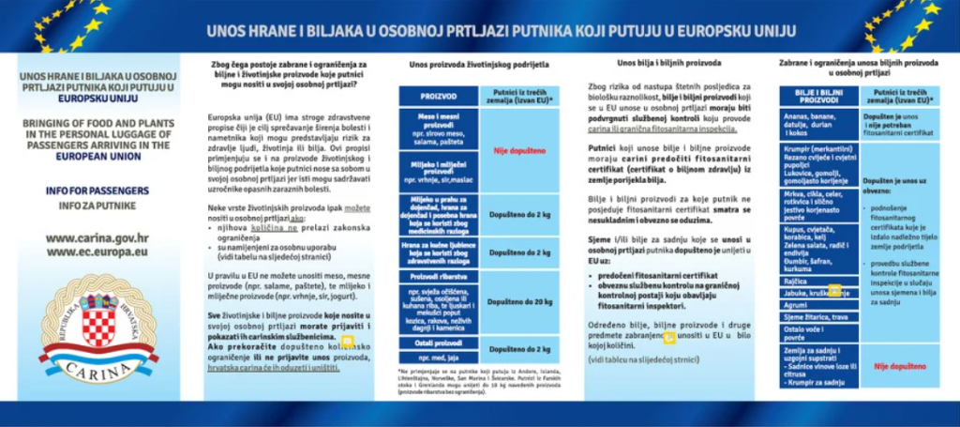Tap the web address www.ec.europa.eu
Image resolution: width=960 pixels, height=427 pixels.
pyautogui.click(x=97, y=252)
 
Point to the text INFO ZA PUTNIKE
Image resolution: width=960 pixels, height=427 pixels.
pyautogui.click(x=97, y=204)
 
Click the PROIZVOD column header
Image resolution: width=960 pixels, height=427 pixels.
pyautogui.click(x=439, y=96)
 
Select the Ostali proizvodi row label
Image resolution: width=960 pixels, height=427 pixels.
pyautogui.click(x=439, y=343)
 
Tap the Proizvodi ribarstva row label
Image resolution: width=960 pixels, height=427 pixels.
pyautogui.click(x=439, y=278)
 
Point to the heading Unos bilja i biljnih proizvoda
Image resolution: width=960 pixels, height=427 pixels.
pyautogui.click(x=668, y=64)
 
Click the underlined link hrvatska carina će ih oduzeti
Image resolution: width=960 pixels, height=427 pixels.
pyautogui.click(x=272, y=368)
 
